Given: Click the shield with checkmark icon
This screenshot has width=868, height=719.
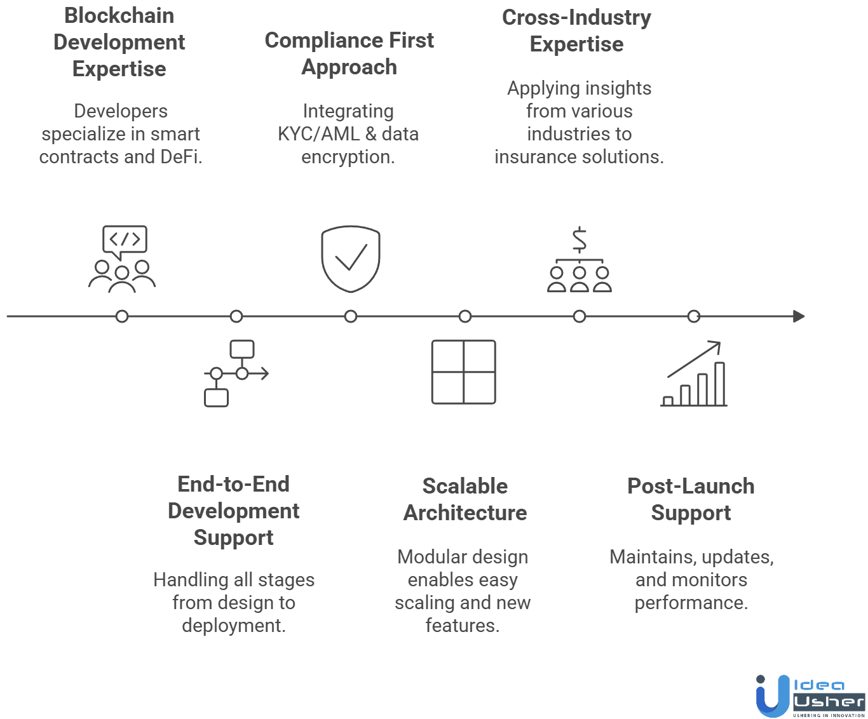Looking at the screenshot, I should [350, 259].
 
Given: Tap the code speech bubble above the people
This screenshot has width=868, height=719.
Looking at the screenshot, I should [125, 240].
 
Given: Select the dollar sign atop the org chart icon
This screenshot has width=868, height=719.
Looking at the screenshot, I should [579, 240].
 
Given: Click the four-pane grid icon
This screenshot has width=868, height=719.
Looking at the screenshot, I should [464, 372].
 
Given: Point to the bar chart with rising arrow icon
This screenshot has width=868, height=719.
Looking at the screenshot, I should [694, 374].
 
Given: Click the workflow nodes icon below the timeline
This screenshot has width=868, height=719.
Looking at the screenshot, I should [235, 373].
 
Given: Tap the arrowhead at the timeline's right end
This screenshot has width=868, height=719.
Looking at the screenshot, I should [799, 316].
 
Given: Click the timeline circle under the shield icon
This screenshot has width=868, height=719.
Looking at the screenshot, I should [351, 316].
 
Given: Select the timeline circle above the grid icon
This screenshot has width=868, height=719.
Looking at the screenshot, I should [465, 316].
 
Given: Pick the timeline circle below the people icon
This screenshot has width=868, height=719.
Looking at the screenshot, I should [122, 316].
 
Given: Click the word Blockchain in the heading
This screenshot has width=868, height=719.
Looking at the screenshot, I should [119, 16].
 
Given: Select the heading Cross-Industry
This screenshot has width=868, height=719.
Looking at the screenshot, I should [576, 18].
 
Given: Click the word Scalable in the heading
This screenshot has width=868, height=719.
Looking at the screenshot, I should [465, 486].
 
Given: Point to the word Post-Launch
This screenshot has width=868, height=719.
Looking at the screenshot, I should [691, 486].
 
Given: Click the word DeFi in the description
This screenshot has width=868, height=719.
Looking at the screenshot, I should [180, 157].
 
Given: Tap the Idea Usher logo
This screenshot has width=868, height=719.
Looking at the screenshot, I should [810, 696].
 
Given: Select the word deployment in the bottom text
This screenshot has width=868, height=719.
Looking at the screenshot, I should [233, 626].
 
